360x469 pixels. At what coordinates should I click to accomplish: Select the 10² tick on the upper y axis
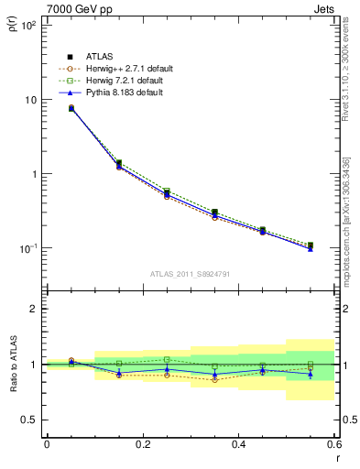click(29, 26)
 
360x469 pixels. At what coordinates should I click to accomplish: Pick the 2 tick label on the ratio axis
click(33, 309)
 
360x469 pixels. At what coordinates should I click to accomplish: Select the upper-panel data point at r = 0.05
click(71, 108)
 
